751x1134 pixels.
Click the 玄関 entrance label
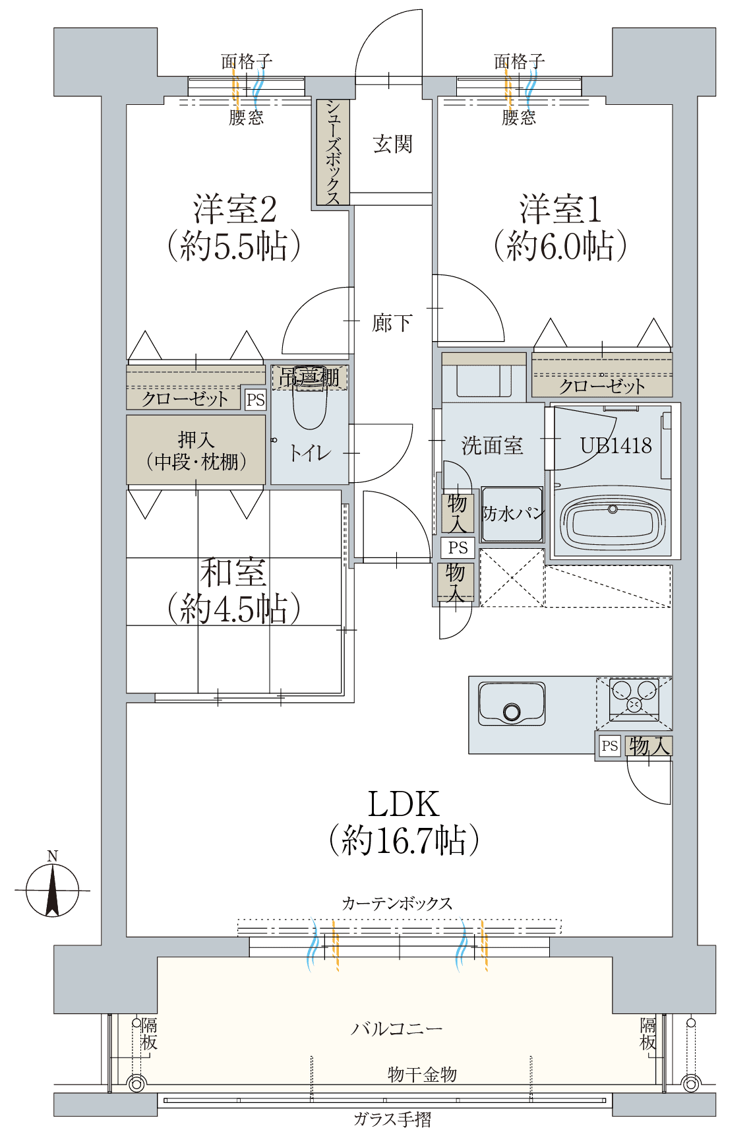point(392,144)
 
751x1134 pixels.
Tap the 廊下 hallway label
point(392,323)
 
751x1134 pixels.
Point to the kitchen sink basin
point(512,704)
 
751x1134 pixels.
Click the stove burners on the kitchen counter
point(634,699)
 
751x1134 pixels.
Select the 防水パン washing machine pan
point(512,514)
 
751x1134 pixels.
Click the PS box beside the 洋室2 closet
point(255,400)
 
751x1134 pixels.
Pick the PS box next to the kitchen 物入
point(610,745)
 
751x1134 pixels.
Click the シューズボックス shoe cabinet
point(333,152)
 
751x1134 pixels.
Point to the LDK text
point(403,804)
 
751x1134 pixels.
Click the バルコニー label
point(396,1028)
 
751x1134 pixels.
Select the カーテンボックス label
point(397,903)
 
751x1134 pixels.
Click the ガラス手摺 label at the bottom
point(392,1119)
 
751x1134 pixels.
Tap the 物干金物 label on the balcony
point(422,1075)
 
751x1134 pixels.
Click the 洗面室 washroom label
point(492,445)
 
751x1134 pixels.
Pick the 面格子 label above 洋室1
point(520,61)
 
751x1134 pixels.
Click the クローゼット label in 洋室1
point(601,386)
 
